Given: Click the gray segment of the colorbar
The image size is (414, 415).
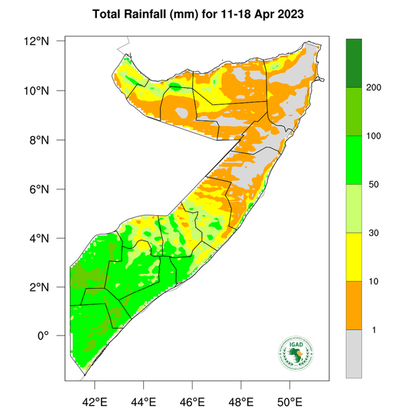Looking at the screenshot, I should click(x=354, y=353).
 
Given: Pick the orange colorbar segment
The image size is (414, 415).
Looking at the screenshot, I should click(x=354, y=305).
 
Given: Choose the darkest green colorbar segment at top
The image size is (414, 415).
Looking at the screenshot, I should click(x=354, y=63).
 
